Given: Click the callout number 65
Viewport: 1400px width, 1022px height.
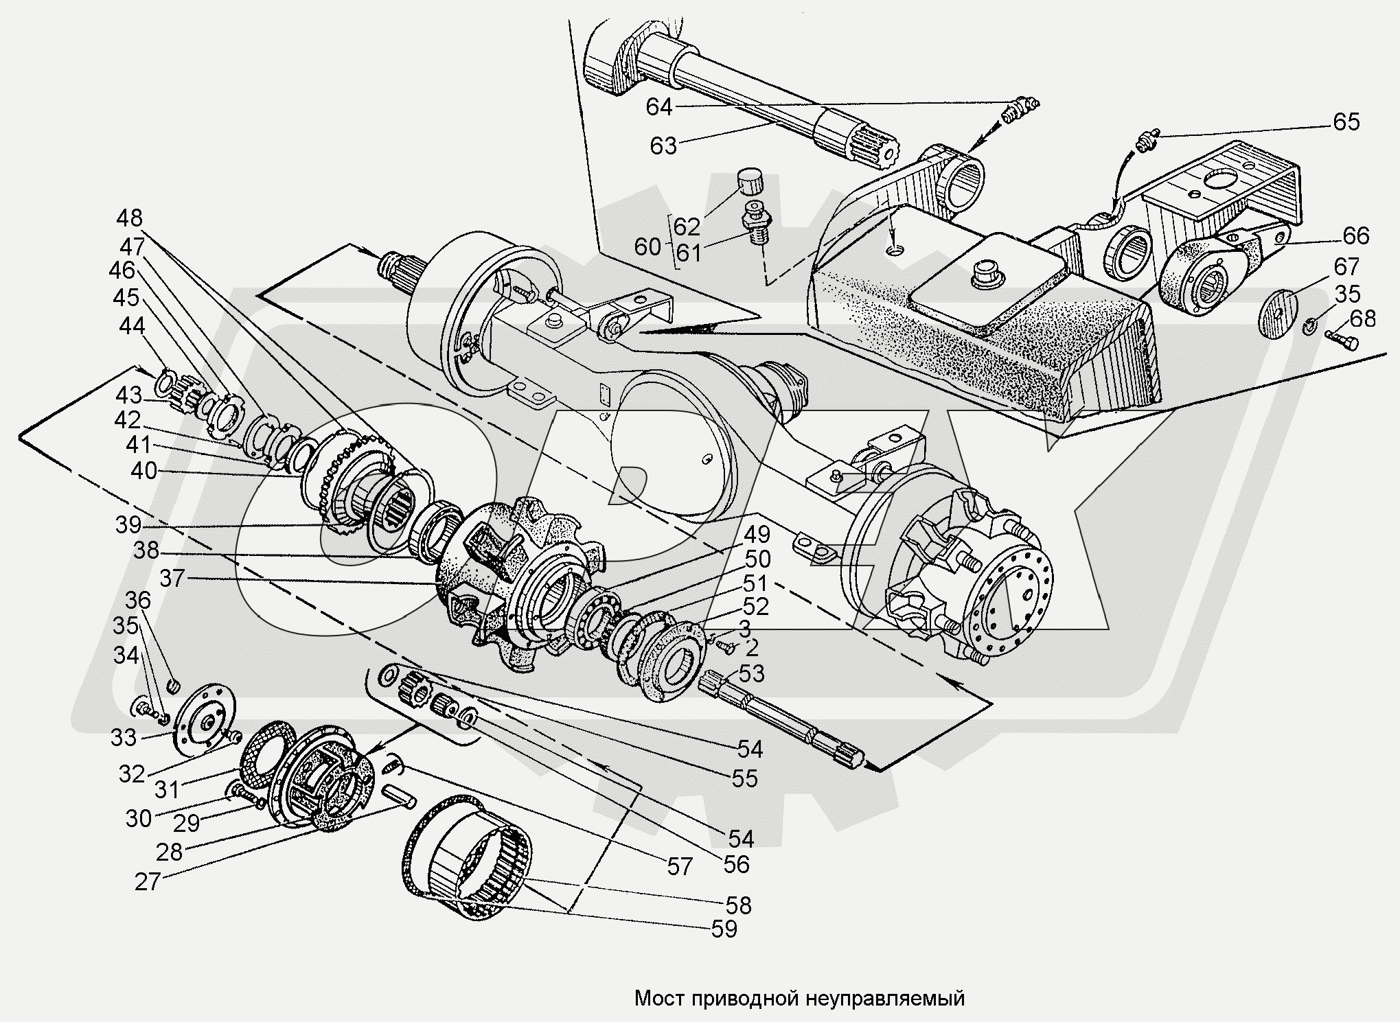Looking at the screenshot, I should (1346, 121).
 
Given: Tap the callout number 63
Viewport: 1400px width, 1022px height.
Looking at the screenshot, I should (663, 146).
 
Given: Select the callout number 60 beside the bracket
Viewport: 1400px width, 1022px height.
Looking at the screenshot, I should (647, 246).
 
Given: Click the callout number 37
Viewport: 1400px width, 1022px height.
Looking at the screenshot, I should (172, 579).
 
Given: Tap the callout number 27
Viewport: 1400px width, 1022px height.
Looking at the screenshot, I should (148, 881).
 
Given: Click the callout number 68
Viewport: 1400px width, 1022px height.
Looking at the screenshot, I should (1362, 318).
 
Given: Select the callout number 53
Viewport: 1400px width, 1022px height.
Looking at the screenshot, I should (750, 673).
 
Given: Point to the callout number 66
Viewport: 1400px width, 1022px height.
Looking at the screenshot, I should (1355, 235).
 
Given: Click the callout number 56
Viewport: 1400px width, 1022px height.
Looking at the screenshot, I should (736, 863).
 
